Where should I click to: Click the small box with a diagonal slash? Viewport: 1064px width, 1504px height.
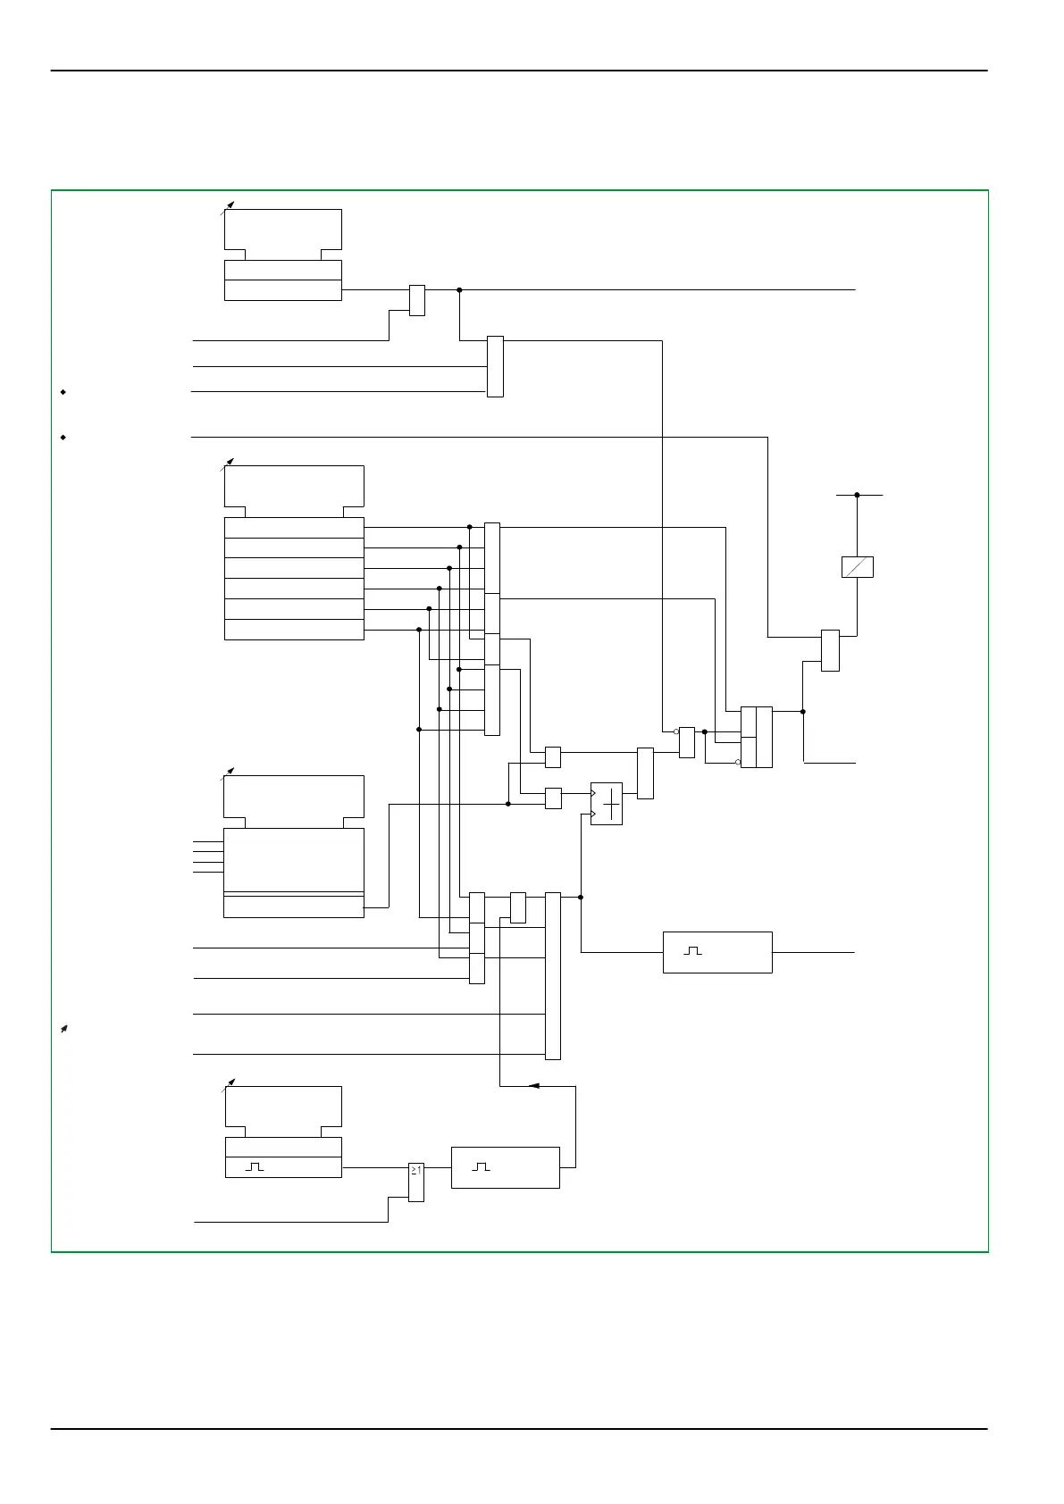857,567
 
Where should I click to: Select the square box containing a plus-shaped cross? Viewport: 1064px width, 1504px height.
607,804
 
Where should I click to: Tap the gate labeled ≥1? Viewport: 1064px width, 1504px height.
416,1182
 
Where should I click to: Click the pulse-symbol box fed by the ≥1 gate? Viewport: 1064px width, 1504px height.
505,1167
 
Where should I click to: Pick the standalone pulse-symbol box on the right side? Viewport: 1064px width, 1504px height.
717,952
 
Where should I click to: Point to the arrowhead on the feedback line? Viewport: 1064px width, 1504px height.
533,1086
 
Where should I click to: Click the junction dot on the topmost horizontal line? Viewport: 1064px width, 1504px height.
459,289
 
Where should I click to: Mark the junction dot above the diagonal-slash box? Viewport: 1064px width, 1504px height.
857,494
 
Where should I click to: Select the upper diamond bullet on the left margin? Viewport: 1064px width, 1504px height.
63,391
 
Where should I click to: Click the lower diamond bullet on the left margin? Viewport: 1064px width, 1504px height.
63,437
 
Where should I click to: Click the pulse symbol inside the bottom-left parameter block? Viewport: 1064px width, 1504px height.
255,1167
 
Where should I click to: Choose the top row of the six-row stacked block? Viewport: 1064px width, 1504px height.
294,527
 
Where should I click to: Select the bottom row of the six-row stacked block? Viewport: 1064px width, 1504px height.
294,630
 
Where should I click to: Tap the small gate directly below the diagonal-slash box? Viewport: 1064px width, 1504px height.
830,650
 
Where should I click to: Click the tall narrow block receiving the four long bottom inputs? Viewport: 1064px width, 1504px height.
553,975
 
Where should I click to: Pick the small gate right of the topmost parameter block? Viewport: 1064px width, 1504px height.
416,300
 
